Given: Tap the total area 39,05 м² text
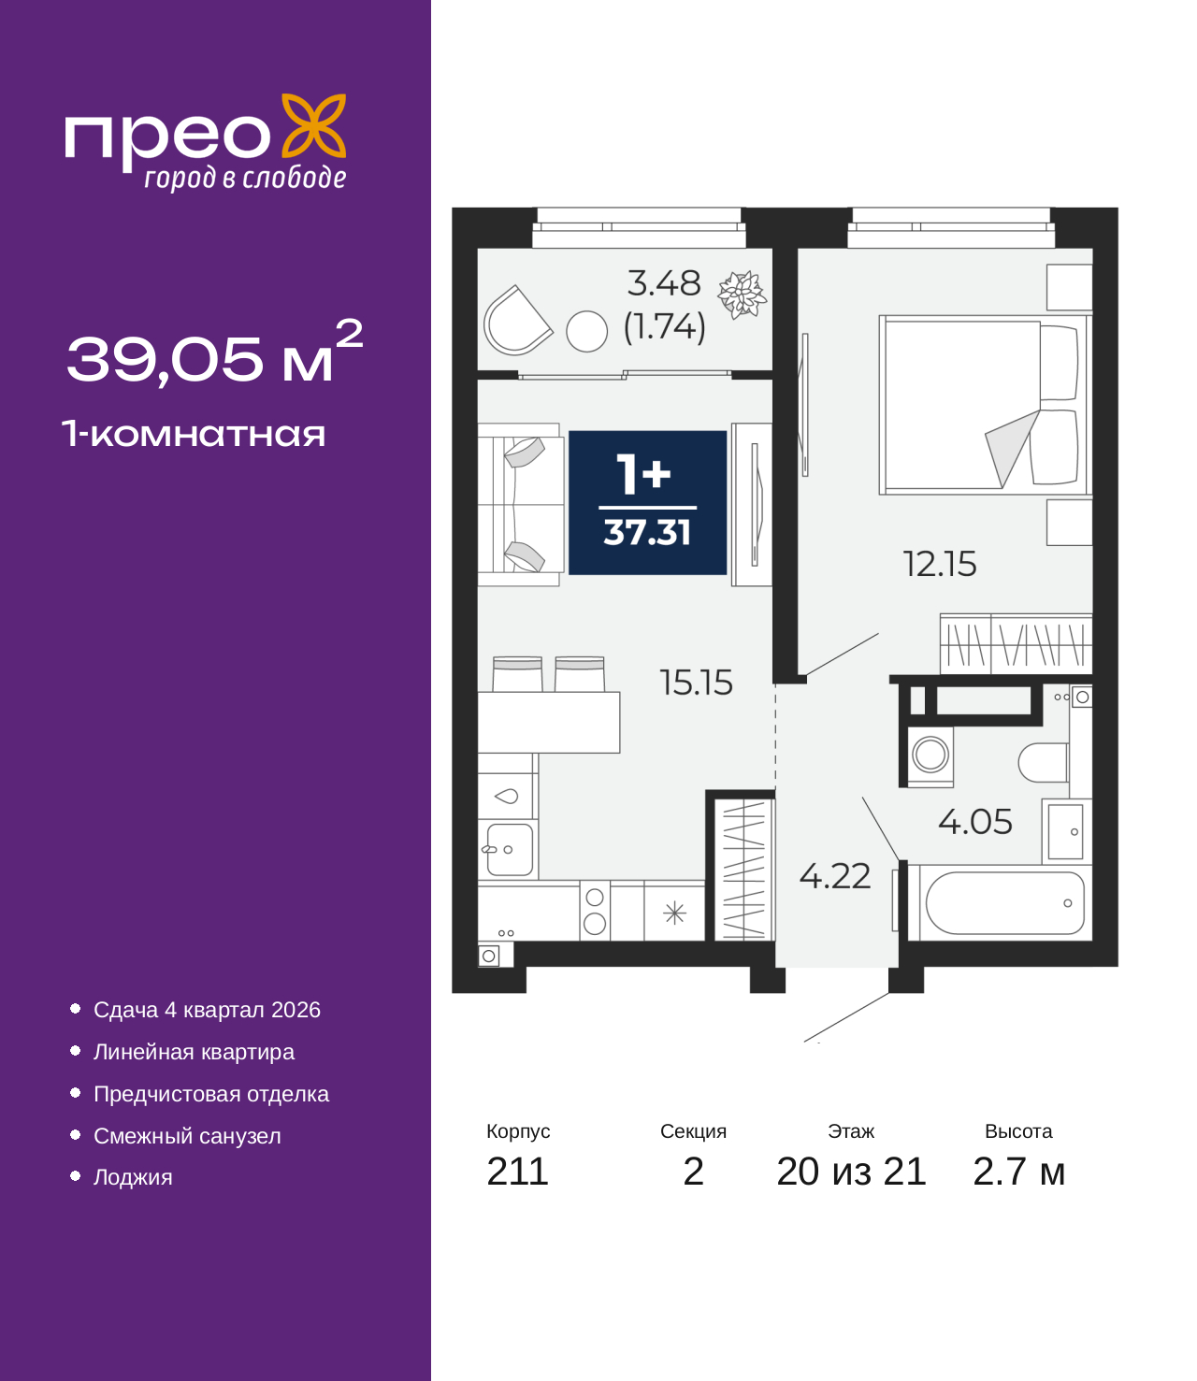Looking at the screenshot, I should click(x=214, y=355).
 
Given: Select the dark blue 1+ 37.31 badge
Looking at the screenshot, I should click(x=647, y=502).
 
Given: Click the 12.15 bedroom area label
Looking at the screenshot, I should click(x=939, y=564).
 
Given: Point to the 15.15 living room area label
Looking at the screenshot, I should click(x=696, y=683).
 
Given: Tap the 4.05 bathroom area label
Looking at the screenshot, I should click(x=974, y=822).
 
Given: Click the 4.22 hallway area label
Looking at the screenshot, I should click(x=834, y=876).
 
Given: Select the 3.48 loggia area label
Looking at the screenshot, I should click(x=664, y=283).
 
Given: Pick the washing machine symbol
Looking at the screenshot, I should click(x=930, y=755).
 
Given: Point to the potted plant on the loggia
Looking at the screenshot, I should click(x=742, y=295).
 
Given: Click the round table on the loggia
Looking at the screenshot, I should click(x=587, y=331).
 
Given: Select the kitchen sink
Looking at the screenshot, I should click(x=510, y=849).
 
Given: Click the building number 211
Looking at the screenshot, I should click(x=517, y=1172).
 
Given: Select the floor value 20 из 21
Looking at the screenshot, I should click(x=851, y=1172).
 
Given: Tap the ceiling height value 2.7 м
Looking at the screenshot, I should click(x=1018, y=1172).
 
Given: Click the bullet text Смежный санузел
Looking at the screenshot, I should click(x=187, y=1136).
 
